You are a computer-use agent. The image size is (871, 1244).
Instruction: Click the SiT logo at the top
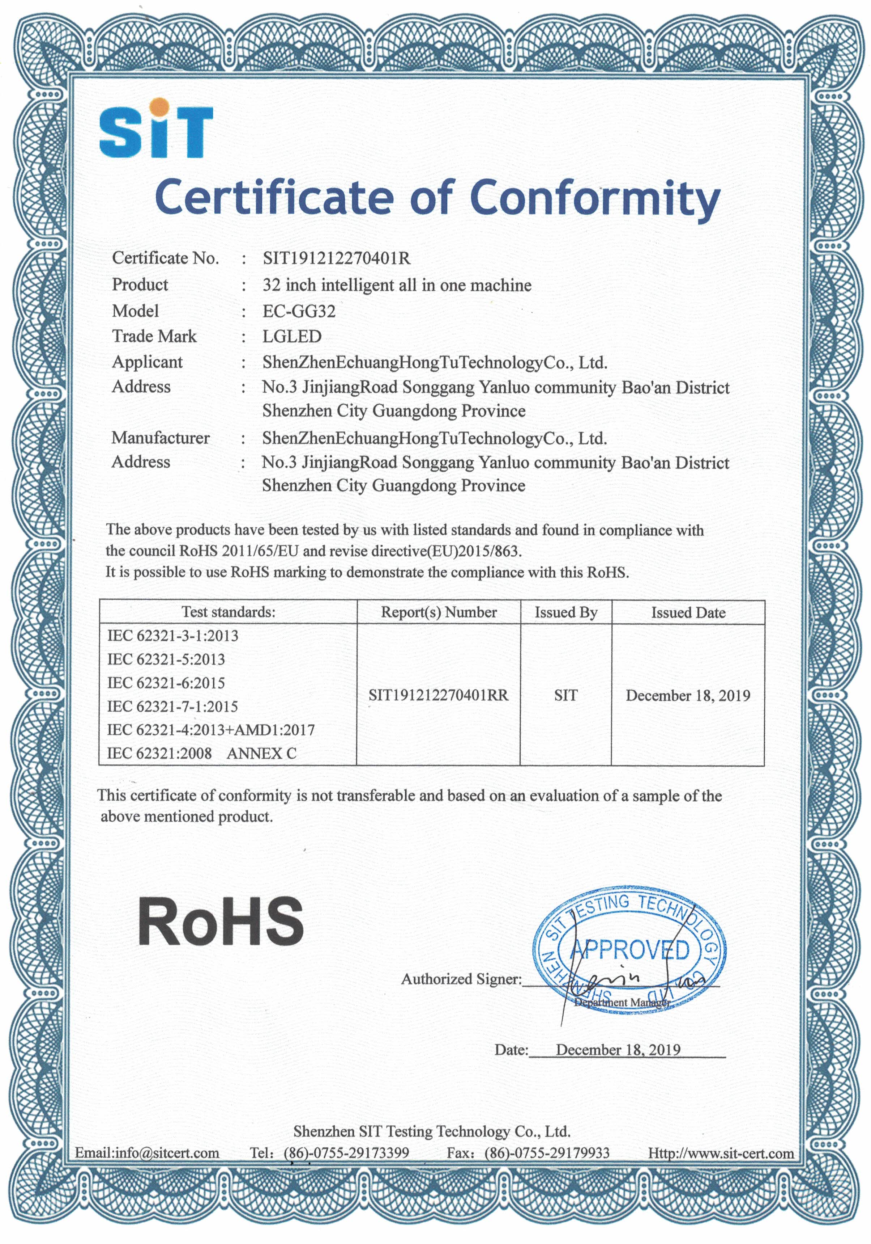[156, 128]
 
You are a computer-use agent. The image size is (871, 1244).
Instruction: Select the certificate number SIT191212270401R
[336, 258]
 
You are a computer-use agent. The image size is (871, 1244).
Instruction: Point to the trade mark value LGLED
[292, 337]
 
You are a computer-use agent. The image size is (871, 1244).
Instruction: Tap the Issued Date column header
[688, 612]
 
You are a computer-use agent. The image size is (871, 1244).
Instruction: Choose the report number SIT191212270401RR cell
[439, 695]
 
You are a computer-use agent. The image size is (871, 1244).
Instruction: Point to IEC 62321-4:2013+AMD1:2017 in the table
[210, 730]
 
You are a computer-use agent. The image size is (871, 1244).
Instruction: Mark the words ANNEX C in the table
[261, 753]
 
